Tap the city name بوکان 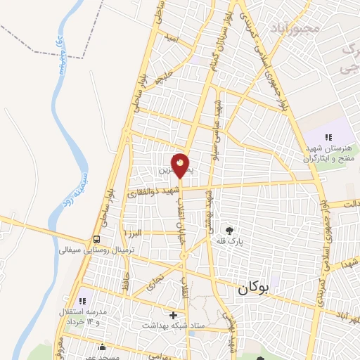[253, 288]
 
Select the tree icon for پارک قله [229, 229]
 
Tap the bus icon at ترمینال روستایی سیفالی [96, 238]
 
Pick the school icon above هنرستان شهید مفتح [327, 137]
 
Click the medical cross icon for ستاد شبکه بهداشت [174, 314]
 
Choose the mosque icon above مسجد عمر [103, 346]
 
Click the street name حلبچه [162, 78]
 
